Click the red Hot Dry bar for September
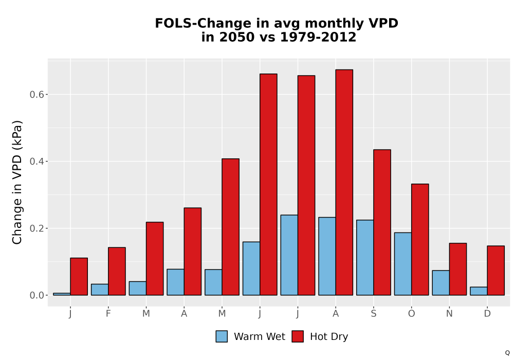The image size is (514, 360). pyautogui.click(x=382, y=222)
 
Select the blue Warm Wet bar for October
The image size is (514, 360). pyautogui.click(x=403, y=264)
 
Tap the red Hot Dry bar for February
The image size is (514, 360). pyautogui.click(x=117, y=271)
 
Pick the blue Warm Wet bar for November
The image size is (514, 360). pyautogui.click(x=440, y=283)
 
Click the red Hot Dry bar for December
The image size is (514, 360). pyautogui.click(x=495, y=271)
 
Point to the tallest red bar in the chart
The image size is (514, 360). pyautogui.click(x=344, y=182)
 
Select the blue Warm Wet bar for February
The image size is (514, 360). pyautogui.click(x=100, y=290)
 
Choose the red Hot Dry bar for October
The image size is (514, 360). pyautogui.click(x=420, y=239)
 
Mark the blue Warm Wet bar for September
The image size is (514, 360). pyautogui.click(x=365, y=257)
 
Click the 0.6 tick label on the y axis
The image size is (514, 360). pyautogui.click(x=36, y=95)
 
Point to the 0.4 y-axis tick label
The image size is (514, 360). pyautogui.click(x=36, y=161)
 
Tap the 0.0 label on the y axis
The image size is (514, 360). pyautogui.click(x=36, y=295)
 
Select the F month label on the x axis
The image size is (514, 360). pyautogui.click(x=108, y=314)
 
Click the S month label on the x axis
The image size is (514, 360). pyautogui.click(x=373, y=314)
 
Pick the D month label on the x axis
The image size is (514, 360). pyautogui.click(x=487, y=314)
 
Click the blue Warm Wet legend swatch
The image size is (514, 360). pyautogui.click(x=222, y=336)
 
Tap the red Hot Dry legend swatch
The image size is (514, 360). pyautogui.click(x=298, y=336)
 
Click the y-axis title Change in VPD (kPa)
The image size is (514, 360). pyautogui.click(x=17, y=183)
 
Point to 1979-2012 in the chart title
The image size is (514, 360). pyautogui.click(x=318, y=37)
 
